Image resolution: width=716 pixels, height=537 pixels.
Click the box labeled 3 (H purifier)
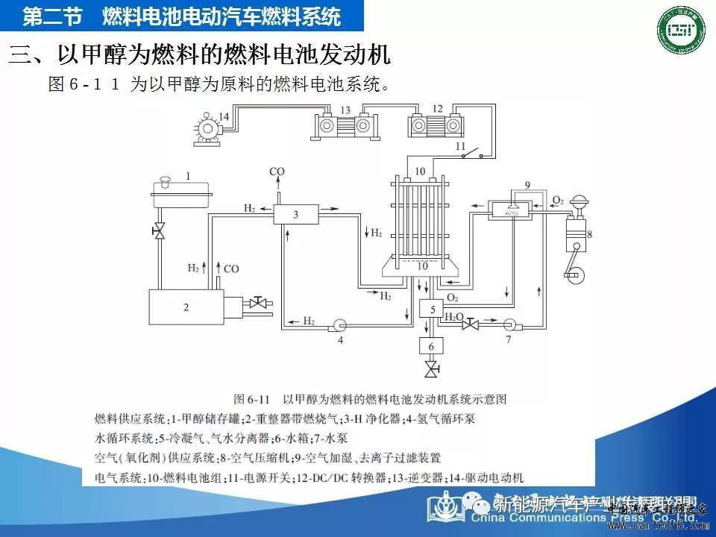295,215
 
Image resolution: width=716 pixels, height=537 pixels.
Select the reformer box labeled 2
186,307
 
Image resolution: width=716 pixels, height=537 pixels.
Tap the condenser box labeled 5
431,307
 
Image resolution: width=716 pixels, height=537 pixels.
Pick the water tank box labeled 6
431,345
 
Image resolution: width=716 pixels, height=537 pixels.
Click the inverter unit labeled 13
345,125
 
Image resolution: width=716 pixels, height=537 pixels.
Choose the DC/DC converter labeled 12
437,125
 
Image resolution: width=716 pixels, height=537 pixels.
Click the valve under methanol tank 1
159,232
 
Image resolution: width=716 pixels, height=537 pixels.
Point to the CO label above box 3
277,172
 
